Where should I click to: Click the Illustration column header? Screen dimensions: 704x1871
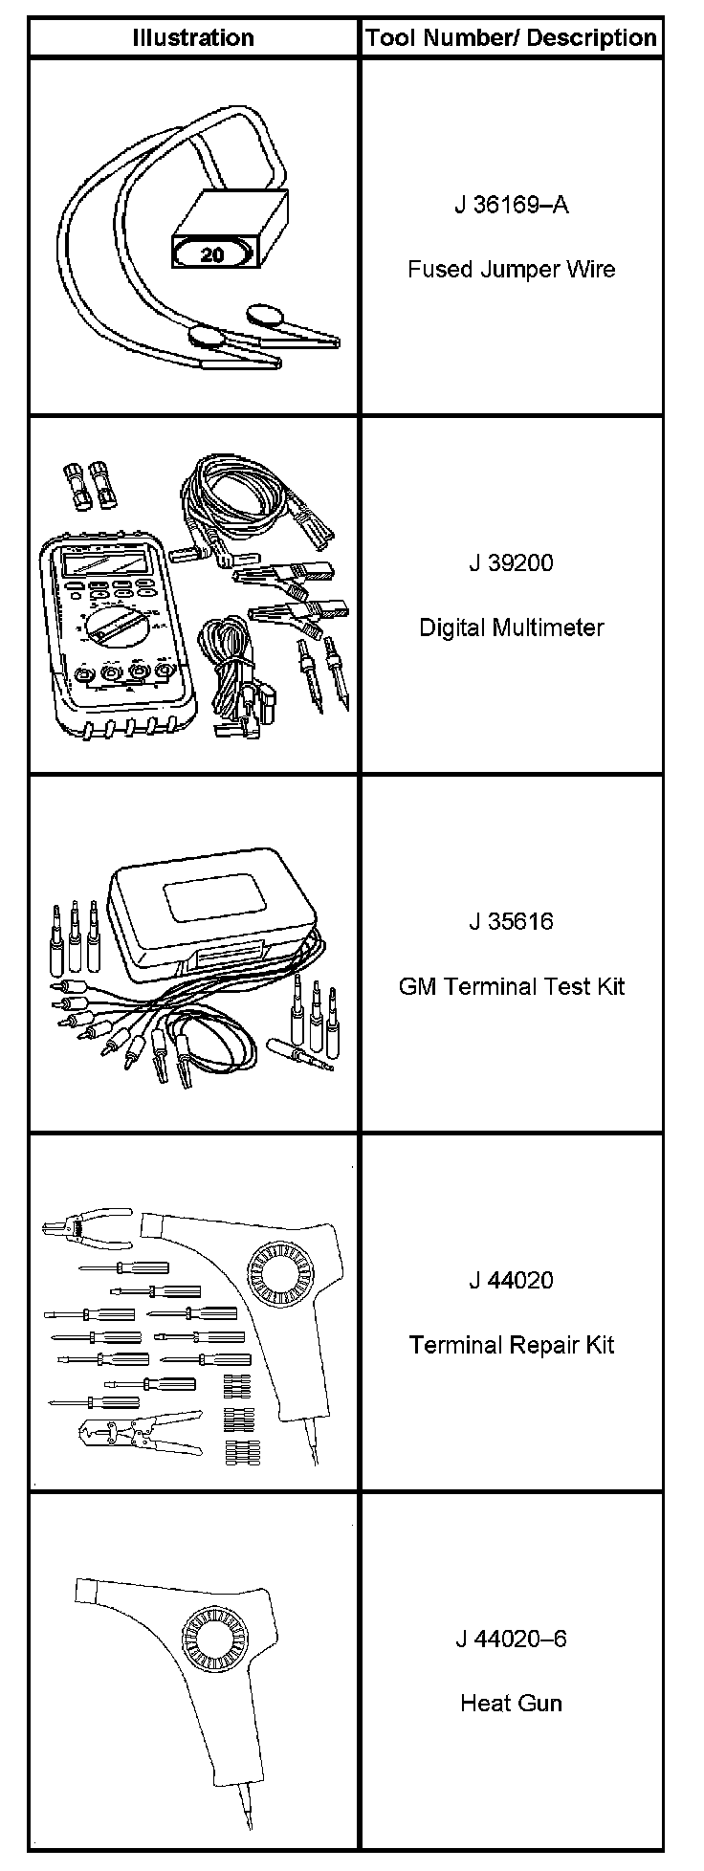pyautogui.click(x=192, y=38)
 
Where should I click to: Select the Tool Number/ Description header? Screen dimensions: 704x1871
pyautogui.click(x=511, y=38)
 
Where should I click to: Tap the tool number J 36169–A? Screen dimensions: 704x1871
pyautogui.click(x=511, y=205)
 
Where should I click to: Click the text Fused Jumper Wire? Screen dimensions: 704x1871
pyautogui.click(x=511, y=269)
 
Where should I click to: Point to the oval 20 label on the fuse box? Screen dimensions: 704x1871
pyautogui.click(x=213, y=253)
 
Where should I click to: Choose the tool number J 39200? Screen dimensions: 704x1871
pyautogui.click(x=511, y=562)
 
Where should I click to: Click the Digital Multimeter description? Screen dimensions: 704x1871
pyautogui.click(x=511, y=627)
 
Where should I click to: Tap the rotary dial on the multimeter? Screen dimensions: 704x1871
pyautogui.click(x=113, y=631)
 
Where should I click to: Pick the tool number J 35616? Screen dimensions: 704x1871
pyautogui.click(x=511, y=921)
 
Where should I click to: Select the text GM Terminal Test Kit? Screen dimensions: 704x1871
pyautogui.click(x=511, y=986)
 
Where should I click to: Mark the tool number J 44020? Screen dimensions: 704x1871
pyautogui.click(x=511, y=1280)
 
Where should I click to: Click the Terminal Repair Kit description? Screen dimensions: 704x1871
pyautogui.click(x=511, y=1345)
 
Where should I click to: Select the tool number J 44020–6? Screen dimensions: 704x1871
pyautogui.click(x=511, y=1639)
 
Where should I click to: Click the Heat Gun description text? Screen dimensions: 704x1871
pyautogui.click(x=511, y=1703)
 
